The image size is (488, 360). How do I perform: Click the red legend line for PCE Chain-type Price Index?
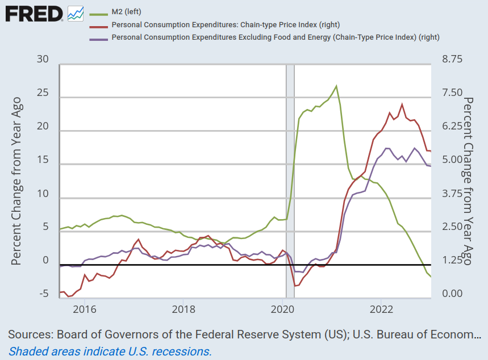click(x=99, y=24)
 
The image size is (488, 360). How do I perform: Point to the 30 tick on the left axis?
click(x=43, y=60)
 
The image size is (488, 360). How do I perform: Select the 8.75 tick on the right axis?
click(x=449, y=60)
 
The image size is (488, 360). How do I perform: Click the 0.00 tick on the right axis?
click(x=449, y=294)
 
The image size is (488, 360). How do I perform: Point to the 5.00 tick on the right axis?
click(x=449, y=160)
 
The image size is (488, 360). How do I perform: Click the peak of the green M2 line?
click(x=336, y=86)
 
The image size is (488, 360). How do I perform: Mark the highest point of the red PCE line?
click(x=402, y=104)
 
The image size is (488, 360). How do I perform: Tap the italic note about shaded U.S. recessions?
click(x=110, y=351)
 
